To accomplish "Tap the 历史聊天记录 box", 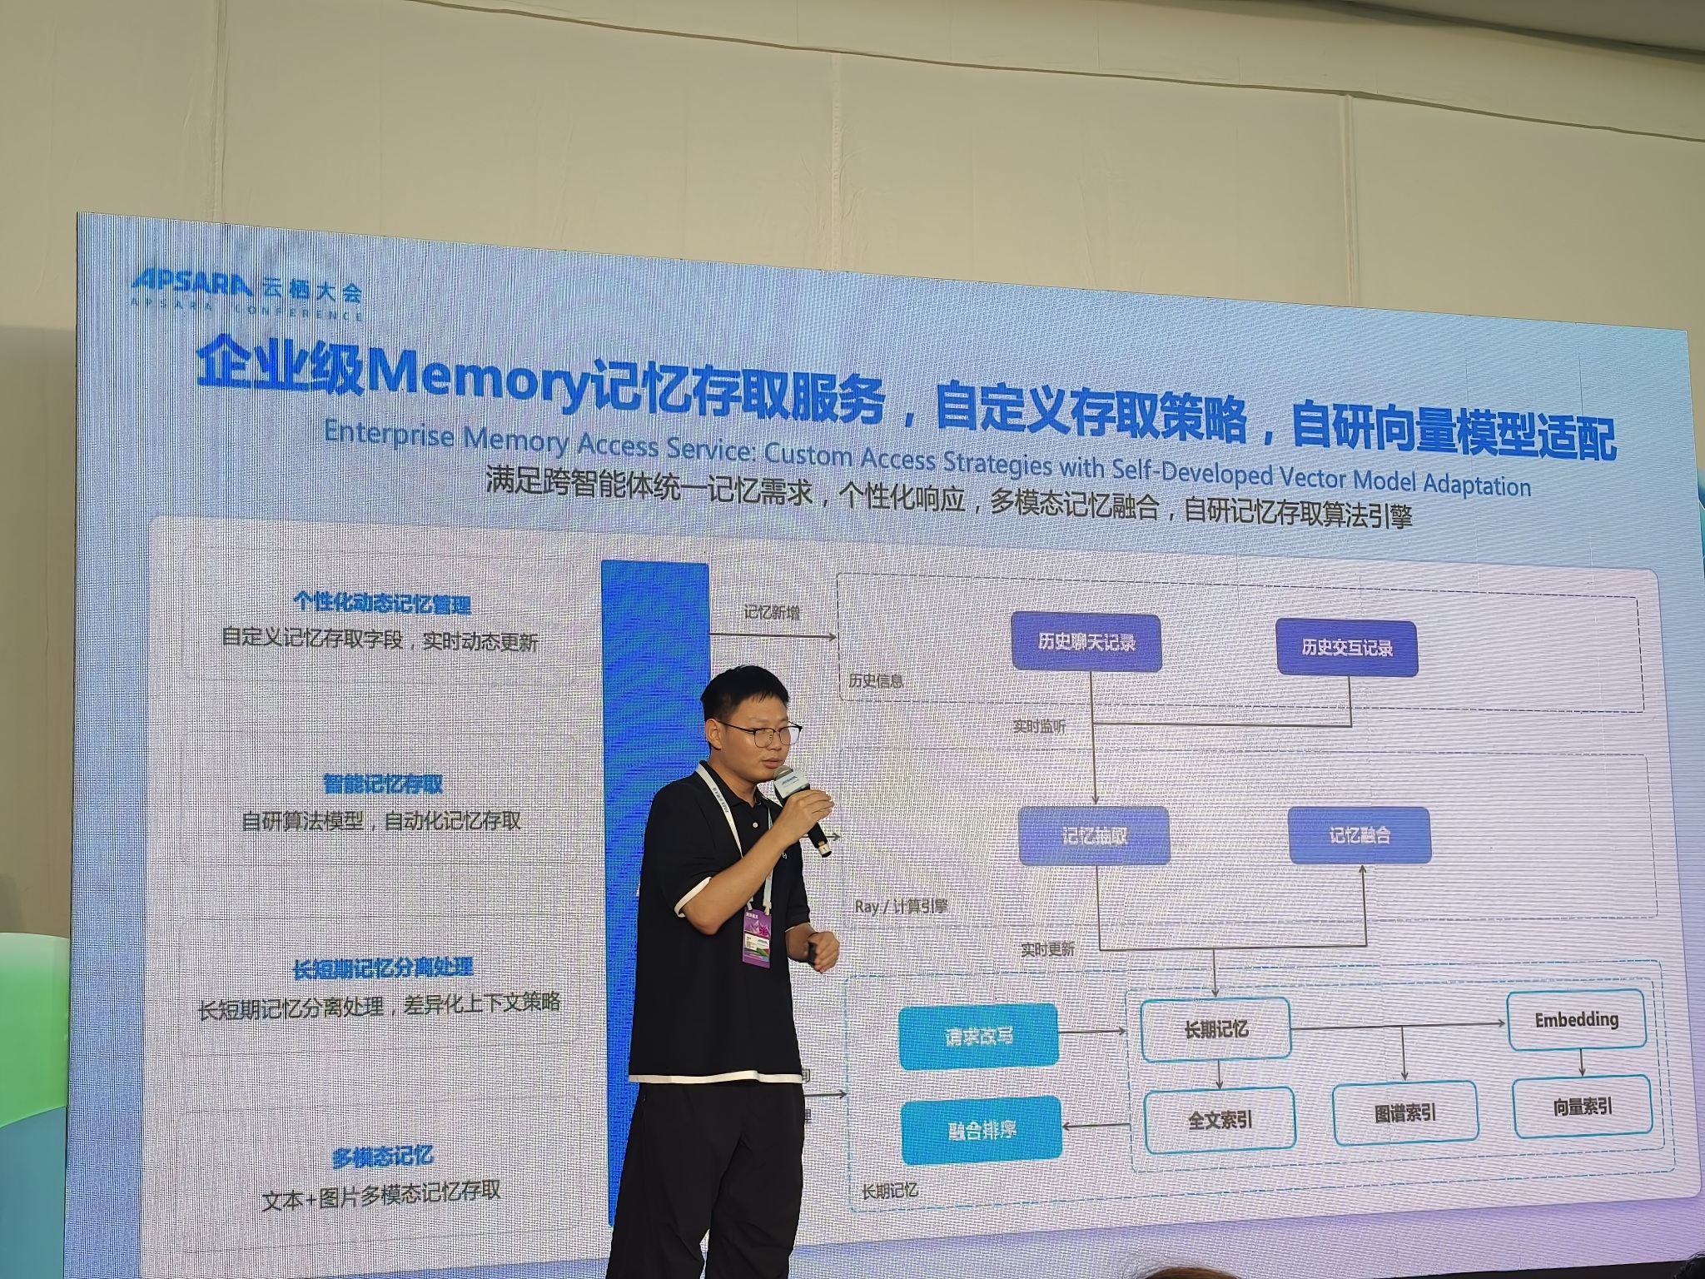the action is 1086,642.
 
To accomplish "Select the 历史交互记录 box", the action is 1346,648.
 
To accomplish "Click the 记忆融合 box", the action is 1359,835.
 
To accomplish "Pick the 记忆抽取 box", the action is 1094,836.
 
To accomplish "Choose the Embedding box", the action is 1576,1019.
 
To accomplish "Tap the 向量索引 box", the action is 1582,1107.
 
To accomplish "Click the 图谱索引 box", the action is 1405,1113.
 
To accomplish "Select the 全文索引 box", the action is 1220,1120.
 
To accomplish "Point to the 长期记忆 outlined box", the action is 1215,1030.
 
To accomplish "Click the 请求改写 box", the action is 978,1038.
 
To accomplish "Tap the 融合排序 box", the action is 982,1131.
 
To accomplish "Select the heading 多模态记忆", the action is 382,1156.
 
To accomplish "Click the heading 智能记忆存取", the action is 383,784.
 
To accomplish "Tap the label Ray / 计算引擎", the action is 901,906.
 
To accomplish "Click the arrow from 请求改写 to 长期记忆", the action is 1091,1032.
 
